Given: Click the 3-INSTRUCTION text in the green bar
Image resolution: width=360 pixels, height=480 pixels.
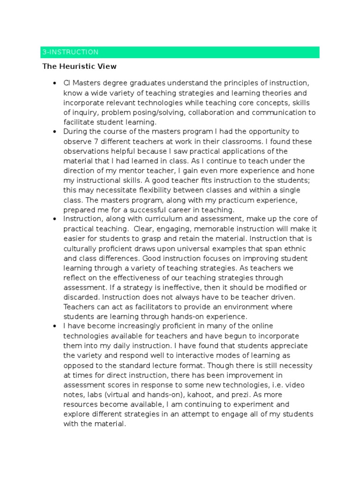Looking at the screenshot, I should click(70, 52).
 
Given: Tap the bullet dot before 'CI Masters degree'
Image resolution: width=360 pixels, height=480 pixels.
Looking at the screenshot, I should click(55, 83).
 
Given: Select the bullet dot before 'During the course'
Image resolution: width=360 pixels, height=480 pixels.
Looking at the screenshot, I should click(55, 132).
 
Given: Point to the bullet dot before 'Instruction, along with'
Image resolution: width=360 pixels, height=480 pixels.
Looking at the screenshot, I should click(55, 219).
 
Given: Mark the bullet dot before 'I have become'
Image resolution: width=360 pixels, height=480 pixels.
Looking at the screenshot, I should click(55, 326).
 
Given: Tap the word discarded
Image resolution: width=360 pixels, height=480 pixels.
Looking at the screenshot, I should click(81, 297).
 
